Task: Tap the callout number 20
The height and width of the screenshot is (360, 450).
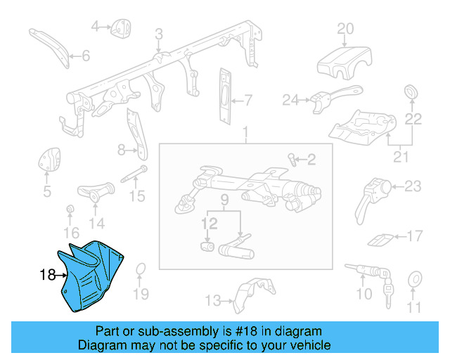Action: click(345, 29)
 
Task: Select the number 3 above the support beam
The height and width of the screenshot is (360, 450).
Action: click(159, 34)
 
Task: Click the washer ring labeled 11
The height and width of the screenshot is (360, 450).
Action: click(414, 278)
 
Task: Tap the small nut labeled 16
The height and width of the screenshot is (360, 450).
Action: click(70, 210)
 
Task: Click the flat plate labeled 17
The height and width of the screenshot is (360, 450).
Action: click(380, 238)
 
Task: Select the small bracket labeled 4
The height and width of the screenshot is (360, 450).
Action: click(121, 27)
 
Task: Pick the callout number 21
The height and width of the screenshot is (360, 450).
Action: click(400, 157)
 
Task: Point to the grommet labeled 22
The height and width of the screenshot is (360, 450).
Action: click(411, 92)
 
